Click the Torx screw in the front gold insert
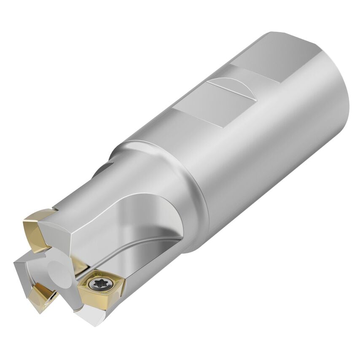(x=100, y=283)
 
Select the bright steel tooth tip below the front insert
(x=91, y=316)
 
